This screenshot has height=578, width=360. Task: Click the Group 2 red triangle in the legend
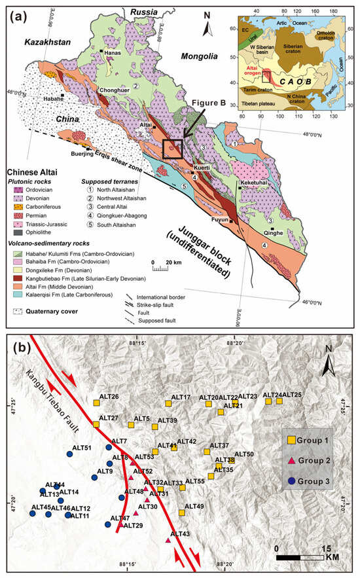click(293, 461)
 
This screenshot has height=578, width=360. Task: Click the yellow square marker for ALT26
click(96, 404)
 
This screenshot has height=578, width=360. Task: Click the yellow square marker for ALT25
click(279, 401)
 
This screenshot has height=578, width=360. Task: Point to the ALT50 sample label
click(243, 454)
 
